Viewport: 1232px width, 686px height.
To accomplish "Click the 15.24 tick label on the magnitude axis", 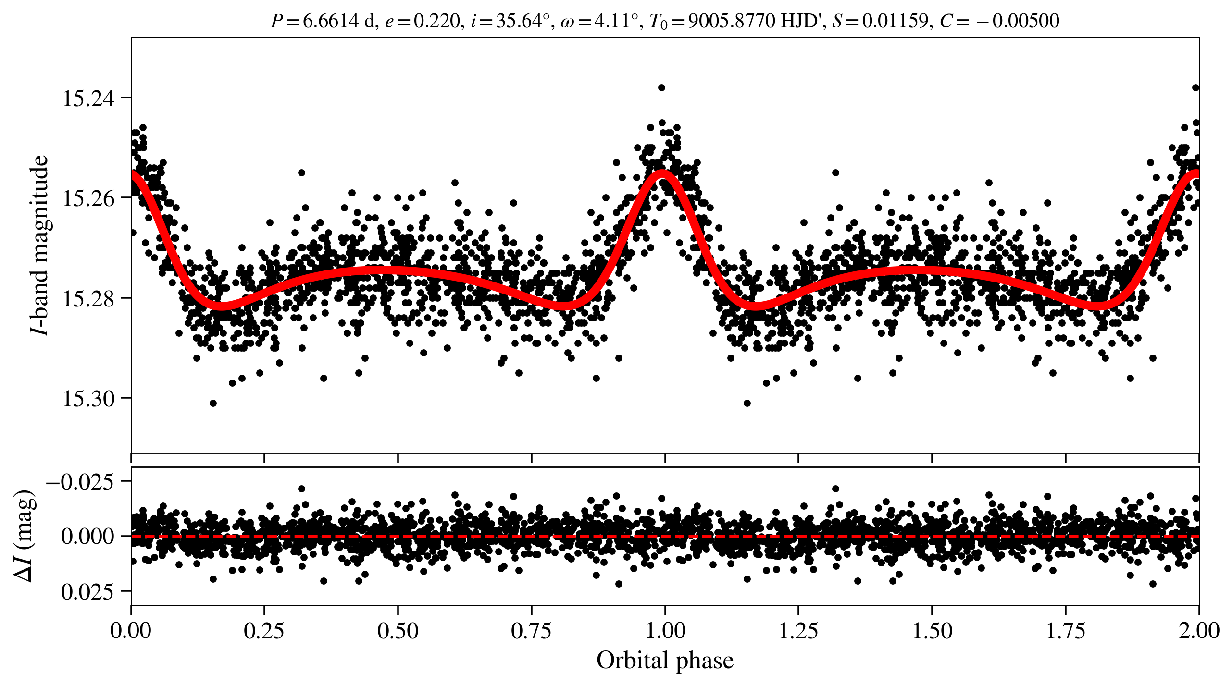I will [89, 98].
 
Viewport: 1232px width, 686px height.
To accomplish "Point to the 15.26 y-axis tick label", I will [89, 198].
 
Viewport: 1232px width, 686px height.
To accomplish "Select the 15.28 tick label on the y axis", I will [89, 299].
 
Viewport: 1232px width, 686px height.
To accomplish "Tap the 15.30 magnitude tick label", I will [89, 399].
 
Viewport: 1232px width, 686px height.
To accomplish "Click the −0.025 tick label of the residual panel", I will [80, 481].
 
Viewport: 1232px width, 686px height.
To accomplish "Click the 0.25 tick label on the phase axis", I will [264, 630].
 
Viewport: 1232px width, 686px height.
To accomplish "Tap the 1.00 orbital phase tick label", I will [665, 630].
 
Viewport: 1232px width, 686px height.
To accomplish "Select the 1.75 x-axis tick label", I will [1066, 630].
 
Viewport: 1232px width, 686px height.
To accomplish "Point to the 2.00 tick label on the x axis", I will [1199, 630].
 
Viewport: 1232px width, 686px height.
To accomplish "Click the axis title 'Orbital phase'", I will [665, 661].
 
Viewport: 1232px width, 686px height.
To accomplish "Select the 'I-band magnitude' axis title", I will [39, 245].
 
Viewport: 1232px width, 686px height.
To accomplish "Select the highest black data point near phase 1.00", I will [661, 87].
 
